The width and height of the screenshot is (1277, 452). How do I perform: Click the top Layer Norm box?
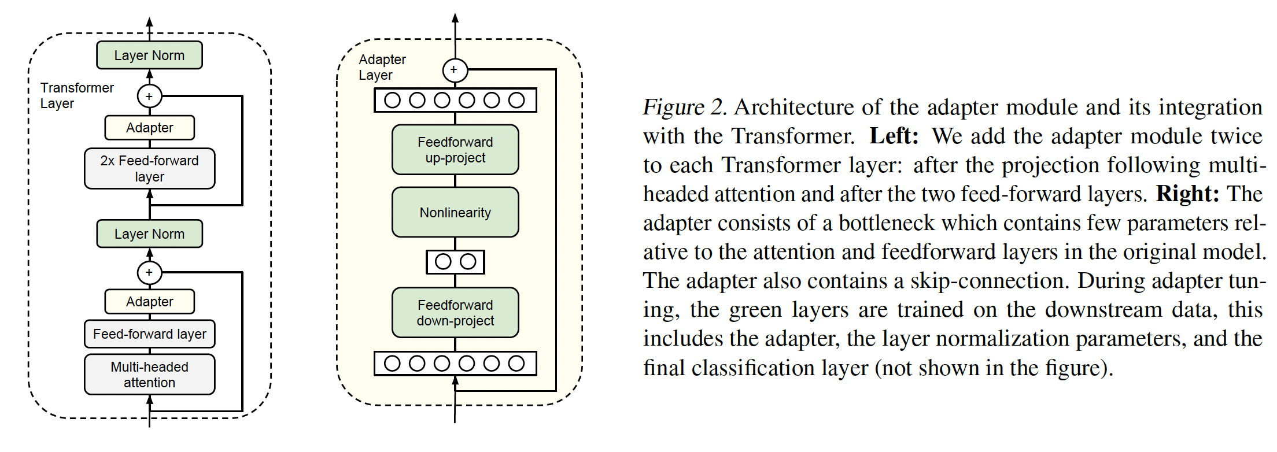(x=149, y=55)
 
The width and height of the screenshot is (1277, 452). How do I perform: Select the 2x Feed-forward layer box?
(x=149, y=169)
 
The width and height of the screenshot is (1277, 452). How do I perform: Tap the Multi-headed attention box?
(x=149, y=375)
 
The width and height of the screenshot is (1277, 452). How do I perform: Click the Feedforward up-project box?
(x=455, y=150)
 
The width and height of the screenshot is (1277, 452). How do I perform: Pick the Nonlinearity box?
(x=455, y=212)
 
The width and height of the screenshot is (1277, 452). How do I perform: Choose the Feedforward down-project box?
(x=455, y=313)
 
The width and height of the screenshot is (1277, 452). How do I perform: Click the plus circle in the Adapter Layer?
(x=454, y=70)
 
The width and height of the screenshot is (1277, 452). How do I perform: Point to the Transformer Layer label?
(x=76, y=95)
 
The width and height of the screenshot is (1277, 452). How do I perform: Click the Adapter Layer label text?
(x=382, y=67)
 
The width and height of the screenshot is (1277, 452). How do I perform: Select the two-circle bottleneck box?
(x=455, y=262)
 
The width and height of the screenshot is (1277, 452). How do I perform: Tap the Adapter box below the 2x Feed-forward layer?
(x=149, y=301)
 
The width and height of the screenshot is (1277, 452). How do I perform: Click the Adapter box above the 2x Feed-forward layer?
(x=149, y=128)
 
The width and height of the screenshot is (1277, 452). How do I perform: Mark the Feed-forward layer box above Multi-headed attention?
(x=149, y=334)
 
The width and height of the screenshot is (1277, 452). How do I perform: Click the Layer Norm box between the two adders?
(x=149, y=234)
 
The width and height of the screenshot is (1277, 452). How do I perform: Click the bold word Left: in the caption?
(x=894, y=136)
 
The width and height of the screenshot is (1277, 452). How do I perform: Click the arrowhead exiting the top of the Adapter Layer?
(x=455, y=18)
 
